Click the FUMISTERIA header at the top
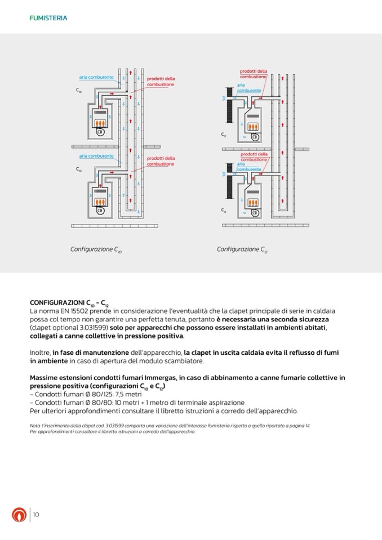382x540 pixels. tap(48, 18)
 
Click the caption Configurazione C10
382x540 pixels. tap(95, 249)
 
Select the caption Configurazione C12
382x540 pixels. tap(242, 249)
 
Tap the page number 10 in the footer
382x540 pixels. tap(35, 514)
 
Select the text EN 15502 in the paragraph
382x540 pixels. tap(78, 311)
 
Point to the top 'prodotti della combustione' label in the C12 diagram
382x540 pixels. tap(254, 74)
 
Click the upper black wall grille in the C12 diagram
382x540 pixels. tap(230, 104)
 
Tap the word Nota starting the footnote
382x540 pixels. tap(35, 426)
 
